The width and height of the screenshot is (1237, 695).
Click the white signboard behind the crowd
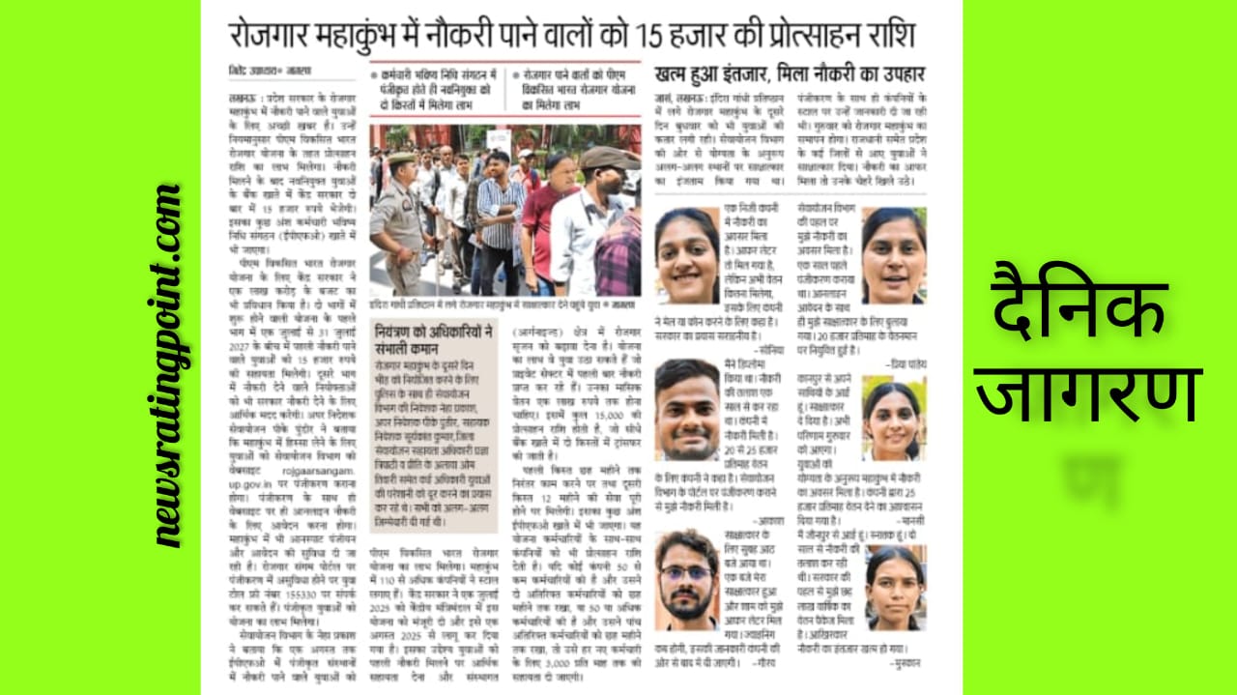point(498,140)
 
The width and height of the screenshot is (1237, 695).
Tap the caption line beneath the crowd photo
point(503,304)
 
